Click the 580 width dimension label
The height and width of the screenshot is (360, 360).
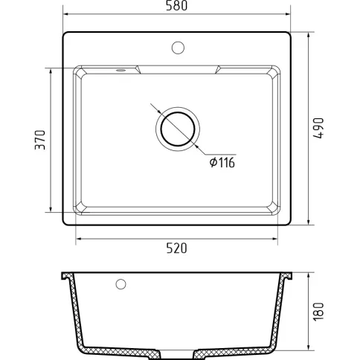pyautogui.click(x=176, y=6)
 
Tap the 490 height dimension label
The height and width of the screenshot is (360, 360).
pyautogui.click(x=318, y=128)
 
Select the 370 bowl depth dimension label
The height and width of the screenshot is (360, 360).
pyautogui.click(x=40, y=140)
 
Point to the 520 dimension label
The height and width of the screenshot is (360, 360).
pyautogui.click(x=176, y=248)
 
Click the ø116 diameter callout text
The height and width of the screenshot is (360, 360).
pyautogui.click(x=222, y=163)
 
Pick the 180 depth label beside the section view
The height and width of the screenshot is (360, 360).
pyautogui.click(x=318, y=312)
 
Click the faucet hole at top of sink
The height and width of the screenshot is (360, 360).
pyautogui.click(x=178, y=48)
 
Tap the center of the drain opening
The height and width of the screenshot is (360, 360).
pyautogui.click(x=178, y=129)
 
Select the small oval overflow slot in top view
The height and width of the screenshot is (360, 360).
pyautogui.click(x=120, y=70)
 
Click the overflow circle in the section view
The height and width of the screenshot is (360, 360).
pyautogui.click(x=120, y=284)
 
